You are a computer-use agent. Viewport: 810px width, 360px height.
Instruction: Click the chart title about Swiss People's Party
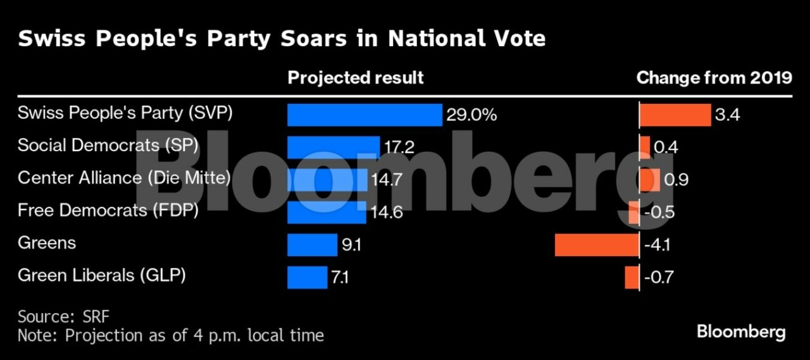282,39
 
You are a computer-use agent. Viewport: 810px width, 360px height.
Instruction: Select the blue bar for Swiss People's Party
364,115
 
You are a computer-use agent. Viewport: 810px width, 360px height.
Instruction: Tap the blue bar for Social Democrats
333,147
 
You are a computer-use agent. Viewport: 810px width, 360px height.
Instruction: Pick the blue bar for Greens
312,245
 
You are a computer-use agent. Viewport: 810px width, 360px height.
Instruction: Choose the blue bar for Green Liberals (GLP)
307,277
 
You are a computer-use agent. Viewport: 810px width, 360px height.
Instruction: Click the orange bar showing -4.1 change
597,245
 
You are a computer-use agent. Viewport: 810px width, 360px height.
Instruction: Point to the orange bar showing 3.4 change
675,115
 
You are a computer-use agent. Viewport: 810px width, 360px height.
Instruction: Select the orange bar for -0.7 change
632,277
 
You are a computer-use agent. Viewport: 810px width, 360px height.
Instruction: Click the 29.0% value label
471,115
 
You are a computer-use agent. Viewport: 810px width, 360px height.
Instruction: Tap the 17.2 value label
399,147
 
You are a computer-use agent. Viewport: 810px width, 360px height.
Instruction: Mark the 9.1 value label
351,245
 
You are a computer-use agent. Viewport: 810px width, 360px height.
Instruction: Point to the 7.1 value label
340,277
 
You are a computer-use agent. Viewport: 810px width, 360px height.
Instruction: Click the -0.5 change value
658,213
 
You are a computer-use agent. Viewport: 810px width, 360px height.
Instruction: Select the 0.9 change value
676,180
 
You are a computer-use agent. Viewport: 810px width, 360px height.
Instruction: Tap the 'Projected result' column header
356,78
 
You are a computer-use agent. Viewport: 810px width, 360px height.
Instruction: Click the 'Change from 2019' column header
714,78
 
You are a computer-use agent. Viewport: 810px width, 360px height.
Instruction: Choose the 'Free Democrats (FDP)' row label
108,210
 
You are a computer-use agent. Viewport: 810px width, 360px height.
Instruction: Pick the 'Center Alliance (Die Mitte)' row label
124,178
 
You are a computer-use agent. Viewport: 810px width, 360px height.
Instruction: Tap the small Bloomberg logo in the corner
741,332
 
